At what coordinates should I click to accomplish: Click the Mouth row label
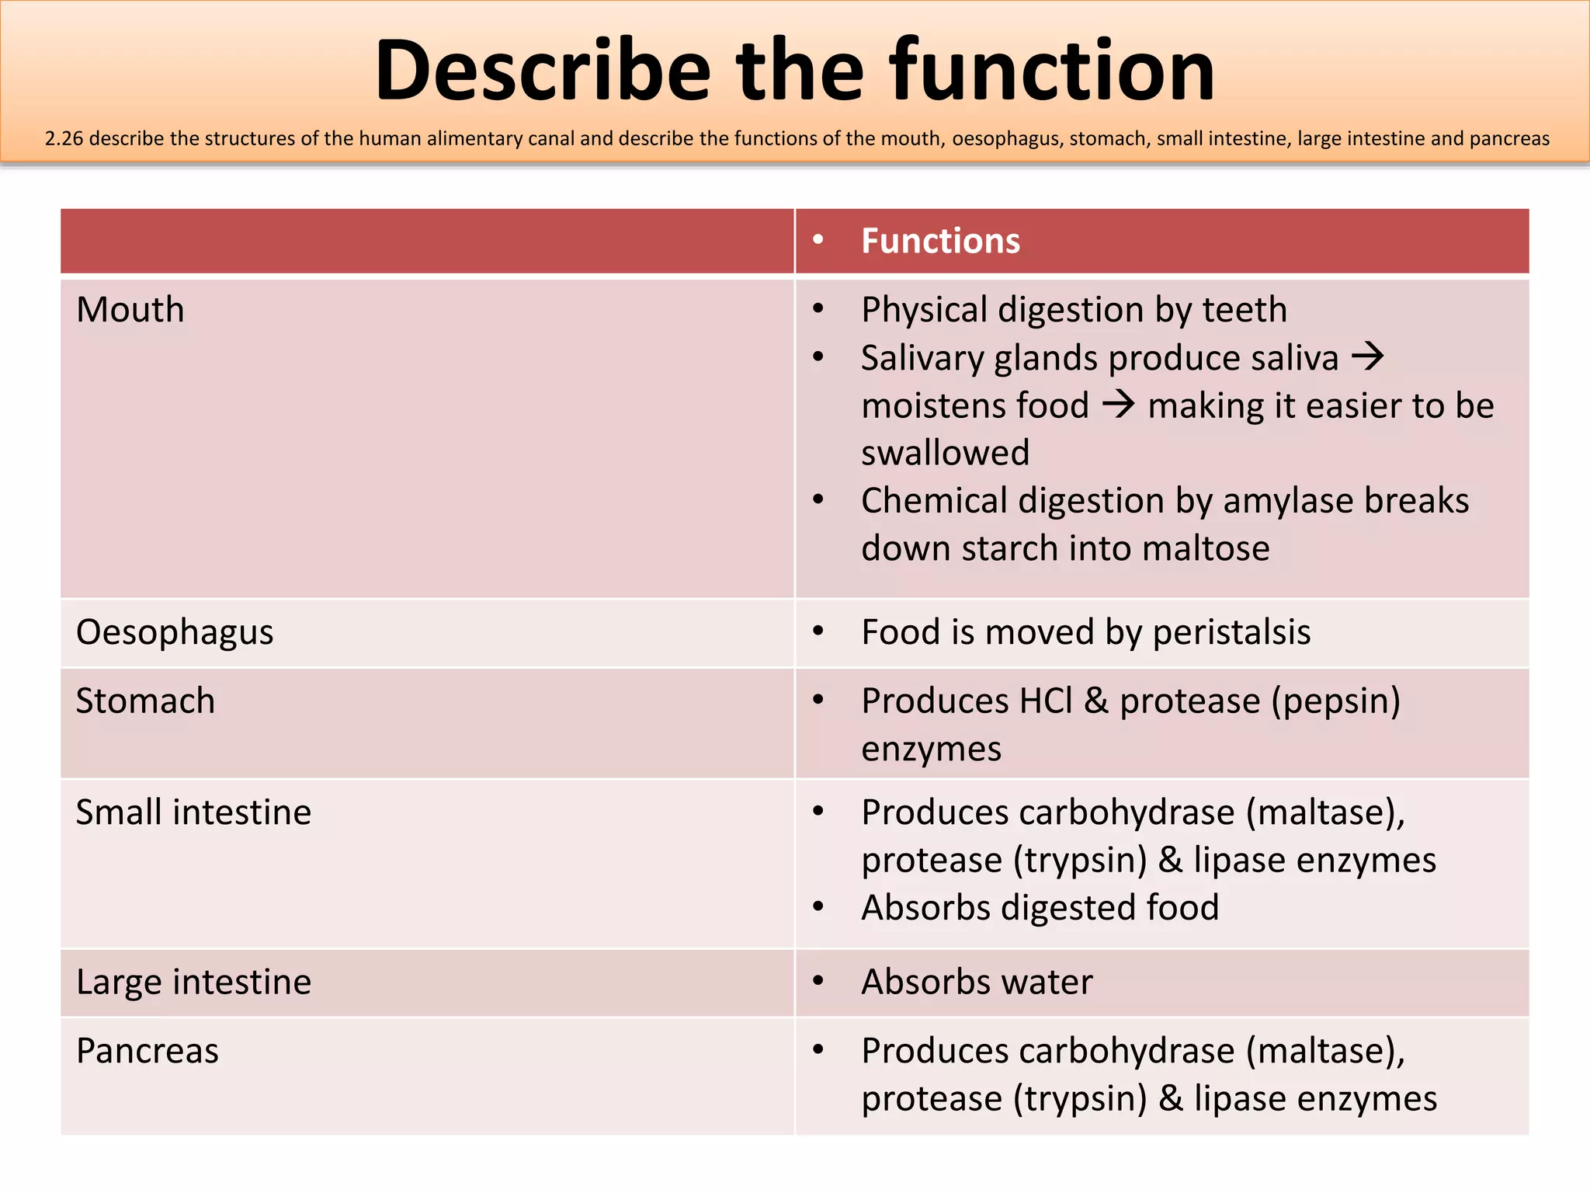tap(130, 310)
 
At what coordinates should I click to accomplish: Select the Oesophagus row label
tap(175, 632)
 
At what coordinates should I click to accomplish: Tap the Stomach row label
tap(145, 701)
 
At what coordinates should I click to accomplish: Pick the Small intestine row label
tap(193, 812)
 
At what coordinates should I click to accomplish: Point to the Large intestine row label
tap(193, 983)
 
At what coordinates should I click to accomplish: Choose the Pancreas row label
tap(148, 1051)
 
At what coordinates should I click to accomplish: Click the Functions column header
tap(940, 241)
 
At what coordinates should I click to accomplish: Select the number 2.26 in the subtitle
tap(64, 139)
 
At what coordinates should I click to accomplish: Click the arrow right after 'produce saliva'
tap(1368, 357)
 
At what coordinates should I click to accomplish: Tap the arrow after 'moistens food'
tap(1119, 405)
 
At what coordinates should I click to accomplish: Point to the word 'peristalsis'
tap(1231, 632)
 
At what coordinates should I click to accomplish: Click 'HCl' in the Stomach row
tap(1045, 701)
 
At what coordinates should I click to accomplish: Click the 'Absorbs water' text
tap(977, 983)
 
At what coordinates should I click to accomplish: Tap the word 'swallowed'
tap(945, 453)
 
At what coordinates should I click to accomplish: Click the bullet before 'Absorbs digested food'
tap(818, 906)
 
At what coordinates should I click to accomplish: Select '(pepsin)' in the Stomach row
tap(1335, 701)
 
